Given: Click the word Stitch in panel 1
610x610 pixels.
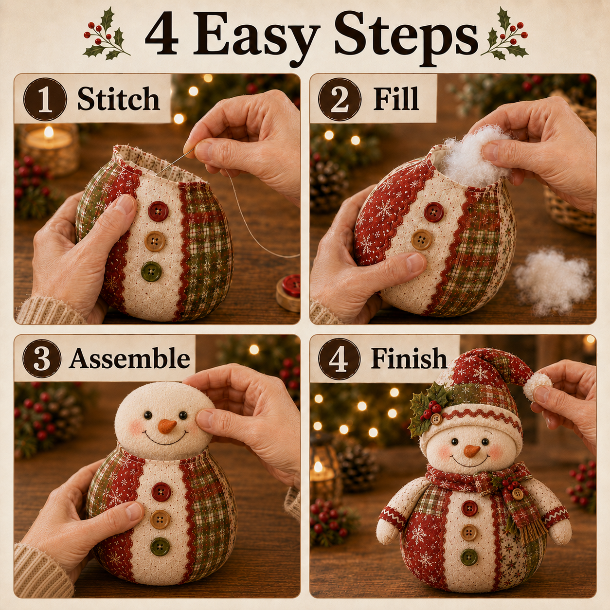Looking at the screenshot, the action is click(118, 99).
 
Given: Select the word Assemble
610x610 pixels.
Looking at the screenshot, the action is click(129, 359).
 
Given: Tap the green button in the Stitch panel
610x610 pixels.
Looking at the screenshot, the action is click(151, 271).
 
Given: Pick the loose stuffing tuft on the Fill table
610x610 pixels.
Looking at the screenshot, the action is click(554, 281).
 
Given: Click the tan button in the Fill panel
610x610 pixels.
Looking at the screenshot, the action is click(422, 239).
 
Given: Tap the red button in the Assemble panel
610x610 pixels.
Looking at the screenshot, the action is click(161, 492).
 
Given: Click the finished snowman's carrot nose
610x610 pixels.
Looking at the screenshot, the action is click(472, 451).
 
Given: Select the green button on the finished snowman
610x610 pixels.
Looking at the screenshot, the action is click(469, 557).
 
